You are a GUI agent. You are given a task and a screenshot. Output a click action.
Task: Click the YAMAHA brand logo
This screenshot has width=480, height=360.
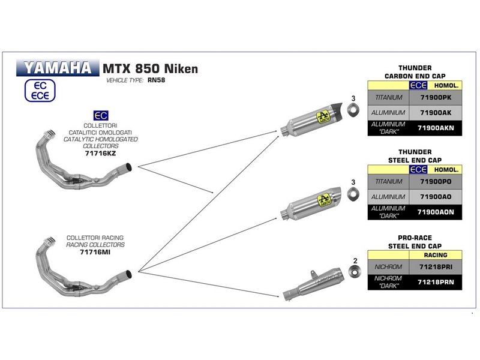[x=58, y=67]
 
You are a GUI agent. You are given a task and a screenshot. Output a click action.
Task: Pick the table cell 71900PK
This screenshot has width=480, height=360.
[x=437, y=97]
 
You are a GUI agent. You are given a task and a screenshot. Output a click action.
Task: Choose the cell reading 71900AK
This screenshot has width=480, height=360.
[x=437, y=112]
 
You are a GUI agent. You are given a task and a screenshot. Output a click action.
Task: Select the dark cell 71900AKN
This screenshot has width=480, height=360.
[x=437, y=127]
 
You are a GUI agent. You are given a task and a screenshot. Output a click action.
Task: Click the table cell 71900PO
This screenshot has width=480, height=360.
[x=437, y=181]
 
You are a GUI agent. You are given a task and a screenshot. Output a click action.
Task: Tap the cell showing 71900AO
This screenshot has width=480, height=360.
[x=437, y=196]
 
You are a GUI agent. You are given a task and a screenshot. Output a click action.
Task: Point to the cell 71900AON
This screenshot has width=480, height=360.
[x=437, y=211]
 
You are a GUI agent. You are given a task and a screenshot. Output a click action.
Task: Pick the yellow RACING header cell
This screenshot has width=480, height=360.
[x=437, y=255]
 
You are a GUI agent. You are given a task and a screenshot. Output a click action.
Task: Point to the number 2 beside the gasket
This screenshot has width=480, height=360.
[x=355, y=260]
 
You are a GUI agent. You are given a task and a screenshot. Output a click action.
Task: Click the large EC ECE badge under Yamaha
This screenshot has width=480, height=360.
[x=39, y=90]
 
